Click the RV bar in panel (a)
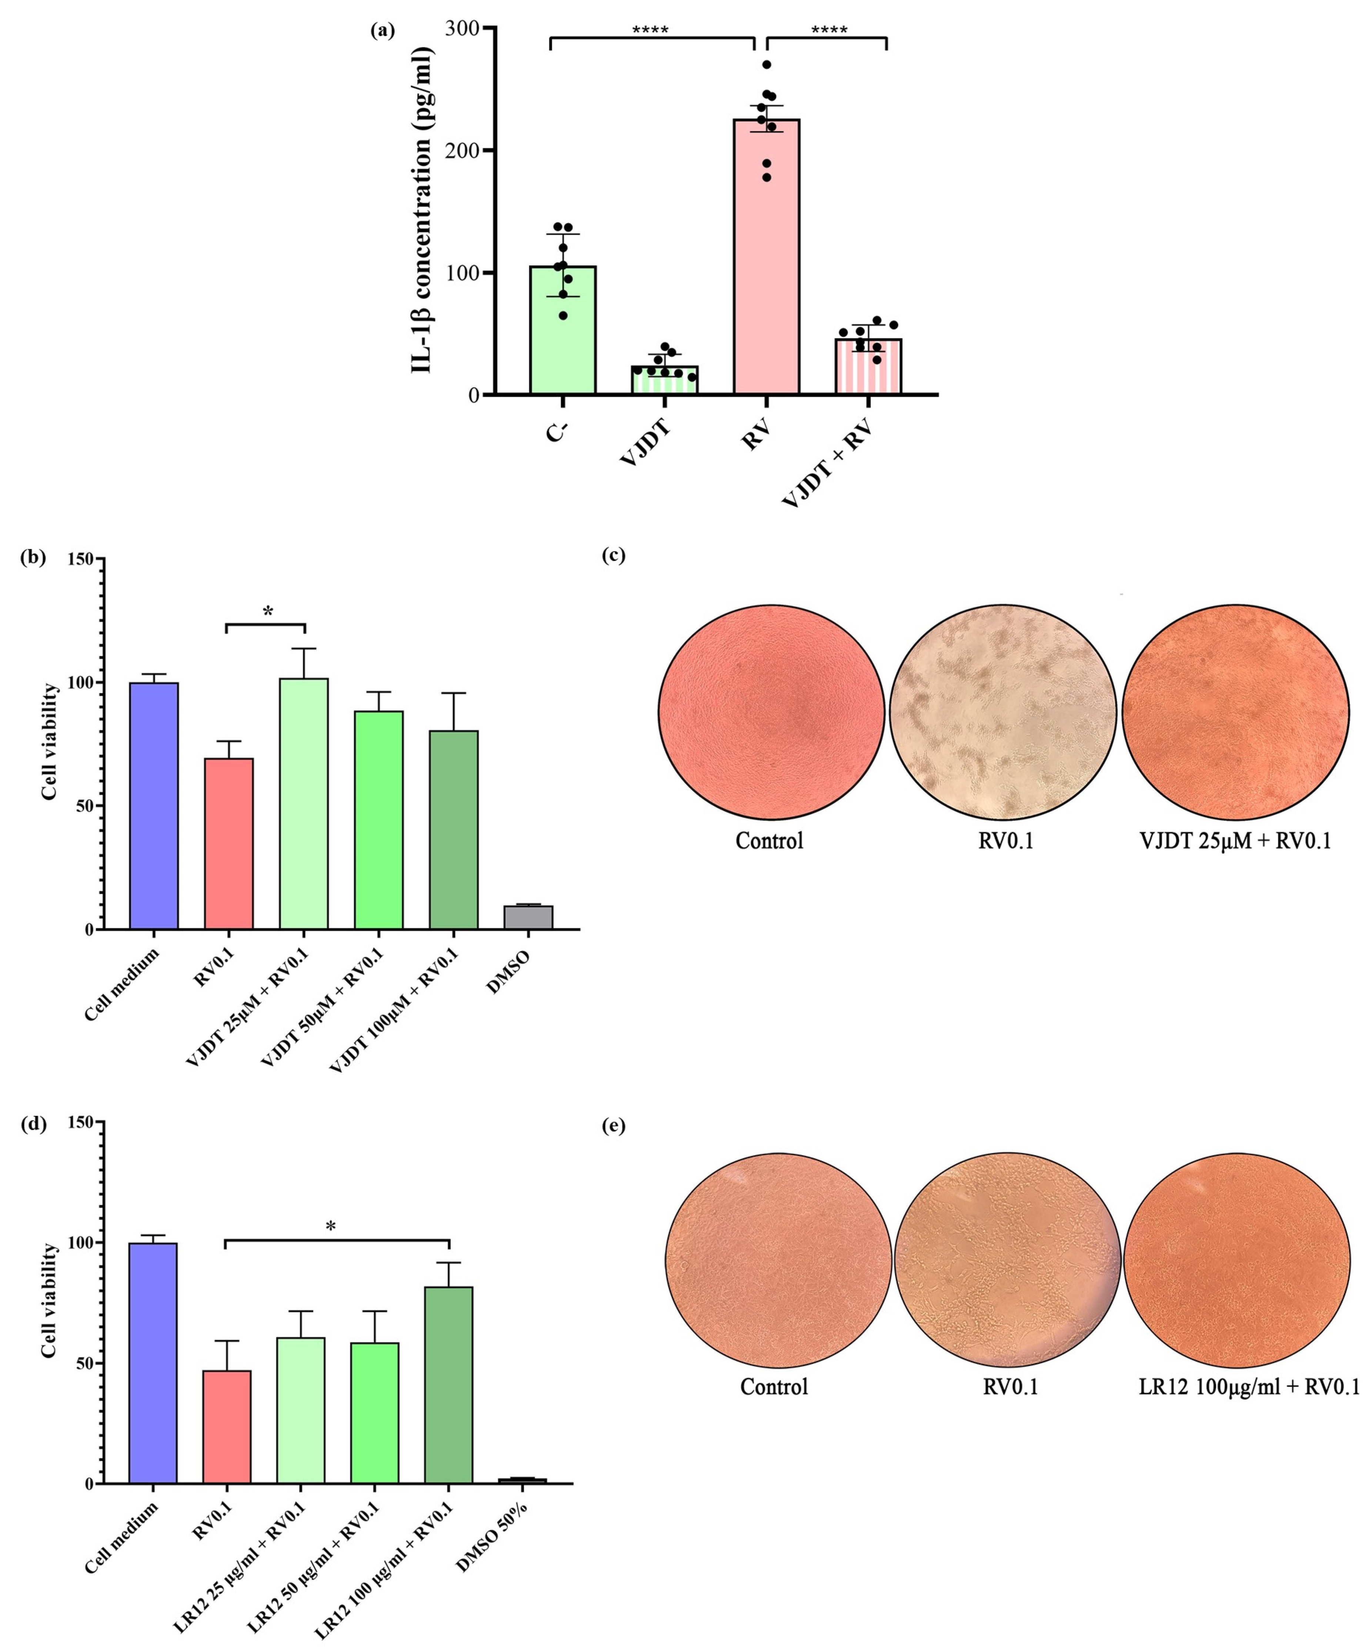(x=767, y=259)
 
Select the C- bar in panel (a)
(x=562, y=330)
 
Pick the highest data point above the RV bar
(x=767, y=64)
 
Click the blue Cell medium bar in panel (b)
(x=154, y=806)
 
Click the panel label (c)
(x=613, y=556)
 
